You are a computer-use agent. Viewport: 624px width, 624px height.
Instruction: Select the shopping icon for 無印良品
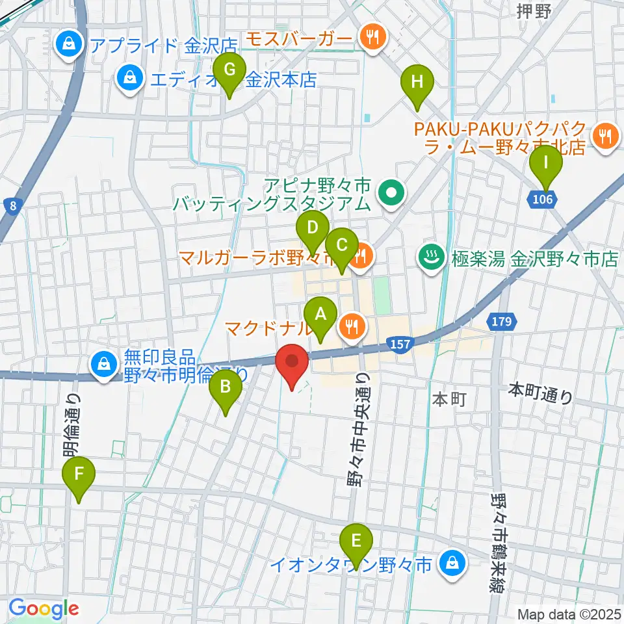(x=104, y=365)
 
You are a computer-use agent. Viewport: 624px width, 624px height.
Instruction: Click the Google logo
(x=44, y=608)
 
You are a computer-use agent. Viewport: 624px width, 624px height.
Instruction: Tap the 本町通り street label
(x=540, y=393)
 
